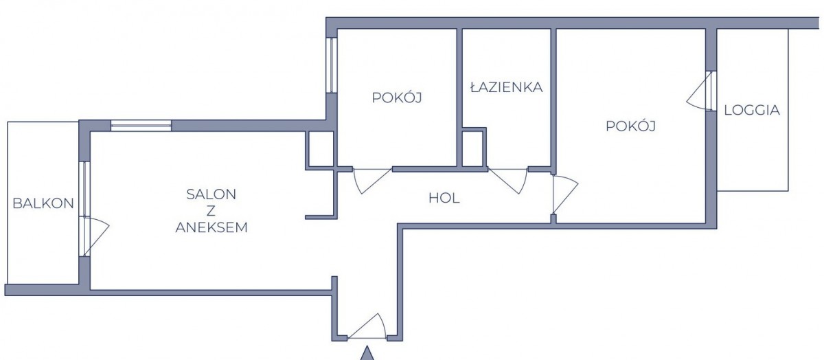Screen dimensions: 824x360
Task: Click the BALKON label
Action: tap(43, 203)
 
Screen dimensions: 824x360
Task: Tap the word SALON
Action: tap(211, 194)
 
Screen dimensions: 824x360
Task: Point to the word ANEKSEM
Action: tap(211, 227)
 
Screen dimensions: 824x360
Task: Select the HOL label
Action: tap(444, 199)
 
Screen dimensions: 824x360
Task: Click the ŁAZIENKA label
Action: tap(507, 87)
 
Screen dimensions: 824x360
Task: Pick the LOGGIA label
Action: tap(752, 110)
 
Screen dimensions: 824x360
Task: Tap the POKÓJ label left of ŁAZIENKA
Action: tap(397, 97)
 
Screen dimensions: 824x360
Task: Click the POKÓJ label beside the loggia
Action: tap(630, 126)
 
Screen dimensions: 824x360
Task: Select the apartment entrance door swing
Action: tap(367, 326)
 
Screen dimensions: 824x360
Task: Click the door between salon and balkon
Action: tap(95, 236)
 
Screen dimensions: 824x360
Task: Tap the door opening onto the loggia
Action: tap(700, 91)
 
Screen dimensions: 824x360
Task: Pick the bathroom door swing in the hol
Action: tap(508, 181)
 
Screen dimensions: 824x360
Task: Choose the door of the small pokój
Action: tap(372, 181)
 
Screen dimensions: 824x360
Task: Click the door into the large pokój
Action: tap(565, 194)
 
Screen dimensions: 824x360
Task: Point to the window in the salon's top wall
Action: tap(141, 126)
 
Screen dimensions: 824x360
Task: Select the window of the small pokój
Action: tap(332, 65)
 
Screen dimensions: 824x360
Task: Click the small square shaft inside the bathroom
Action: tap(472, 148)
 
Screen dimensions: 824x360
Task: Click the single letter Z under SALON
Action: tap(211, 211)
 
